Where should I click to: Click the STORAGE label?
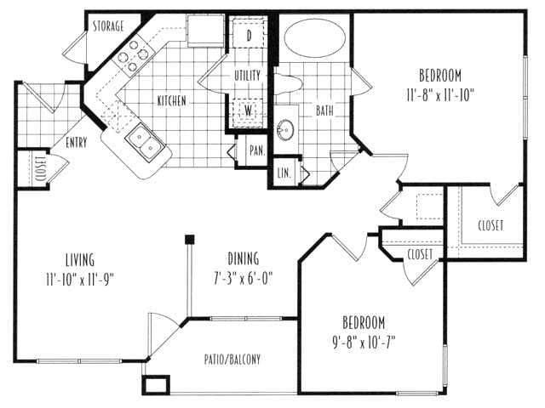point(110,26)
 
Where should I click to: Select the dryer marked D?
point(250,37)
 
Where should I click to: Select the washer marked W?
point(250,110)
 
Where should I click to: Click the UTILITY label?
point(248,75)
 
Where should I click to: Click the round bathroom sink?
point(287,130)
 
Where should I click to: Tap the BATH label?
point(325,110)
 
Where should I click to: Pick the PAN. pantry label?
point(255,150)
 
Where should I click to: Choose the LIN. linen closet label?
point(284,173)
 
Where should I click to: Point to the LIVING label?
point(78,259)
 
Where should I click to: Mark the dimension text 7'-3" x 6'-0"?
point(244,278)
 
